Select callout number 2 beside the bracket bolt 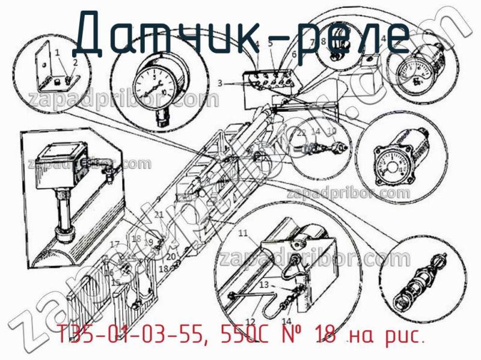(75, 63)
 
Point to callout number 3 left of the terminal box (221, 84)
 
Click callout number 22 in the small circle (302, 132)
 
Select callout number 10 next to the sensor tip (332, 132)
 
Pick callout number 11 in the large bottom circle (243, 233)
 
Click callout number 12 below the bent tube (251, 321)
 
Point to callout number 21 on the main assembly (159, 215)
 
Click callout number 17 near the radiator (114, 244)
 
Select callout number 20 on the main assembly (171, 257)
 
